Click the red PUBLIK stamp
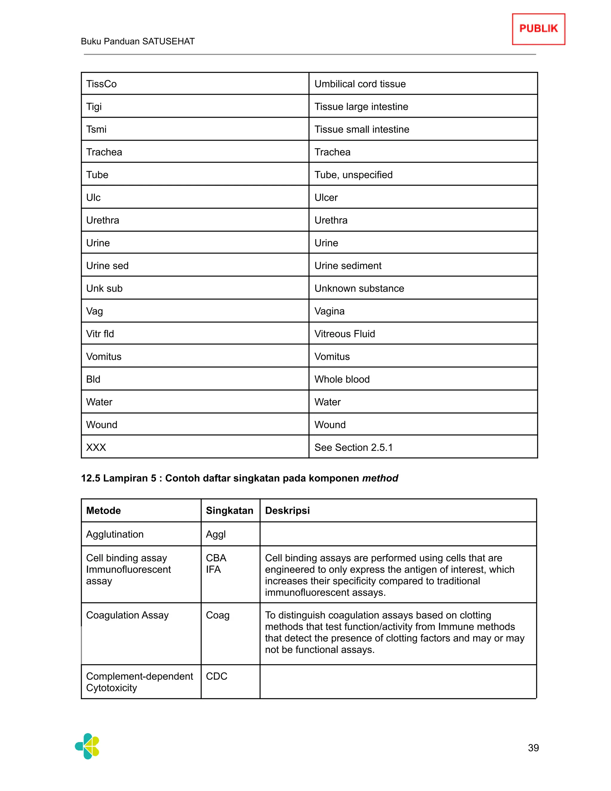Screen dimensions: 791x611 pos(538,29)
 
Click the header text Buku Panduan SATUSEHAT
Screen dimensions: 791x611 pos(138,41)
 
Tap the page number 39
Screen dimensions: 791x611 pos(533,747)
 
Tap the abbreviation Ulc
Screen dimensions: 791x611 pos(93,198)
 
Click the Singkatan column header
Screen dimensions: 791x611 pos(229,511)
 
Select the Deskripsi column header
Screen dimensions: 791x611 pos(287,511)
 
